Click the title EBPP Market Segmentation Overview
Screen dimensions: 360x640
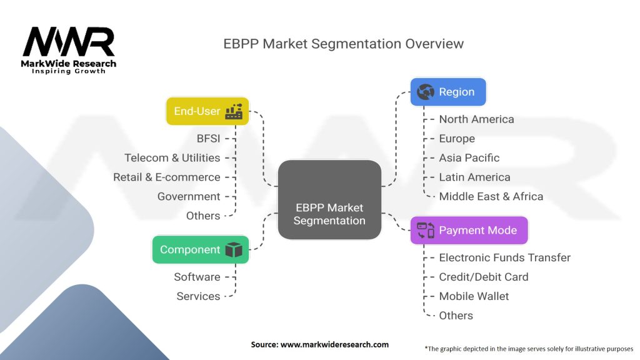coord(344,44)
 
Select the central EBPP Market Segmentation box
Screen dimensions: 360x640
coord(329,200)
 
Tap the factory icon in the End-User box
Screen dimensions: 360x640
coord(234,111)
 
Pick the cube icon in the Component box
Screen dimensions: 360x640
coord(234,250)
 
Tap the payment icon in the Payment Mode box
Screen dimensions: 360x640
coord(426,231)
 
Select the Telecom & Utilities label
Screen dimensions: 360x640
coord(172,157)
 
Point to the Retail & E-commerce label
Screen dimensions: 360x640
coord(166,177)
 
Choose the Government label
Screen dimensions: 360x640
coord(189,196)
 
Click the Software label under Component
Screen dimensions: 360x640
coord(197,277)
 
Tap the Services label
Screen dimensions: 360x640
coord(198,296)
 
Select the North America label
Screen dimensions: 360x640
coord(476,119)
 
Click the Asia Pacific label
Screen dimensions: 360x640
coord(469,157)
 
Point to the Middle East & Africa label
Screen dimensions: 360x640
coord(491,196)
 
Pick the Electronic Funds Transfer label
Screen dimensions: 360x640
coord(504,257)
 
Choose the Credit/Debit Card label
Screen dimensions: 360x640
coord(483,277)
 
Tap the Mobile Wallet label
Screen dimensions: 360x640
coord(474,296)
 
